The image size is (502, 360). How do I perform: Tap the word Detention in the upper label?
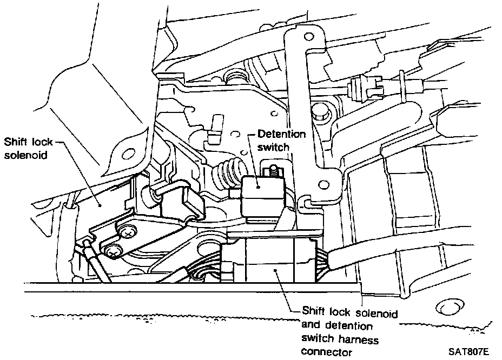point(282,134)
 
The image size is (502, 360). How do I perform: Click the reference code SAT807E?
point(468,350)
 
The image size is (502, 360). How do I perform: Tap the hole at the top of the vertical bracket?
point(309,37)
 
